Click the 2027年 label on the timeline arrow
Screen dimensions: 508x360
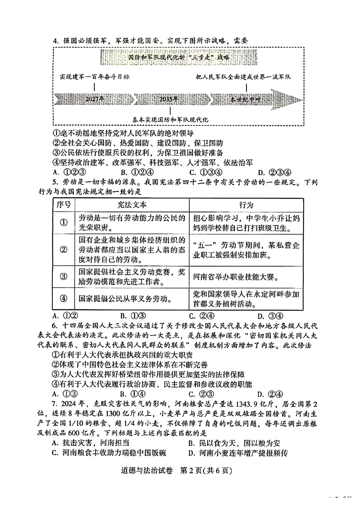click(x=95, y=99)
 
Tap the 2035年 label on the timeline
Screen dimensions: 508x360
click(x=169, y=99)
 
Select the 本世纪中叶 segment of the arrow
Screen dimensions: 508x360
click(x=245, y=99)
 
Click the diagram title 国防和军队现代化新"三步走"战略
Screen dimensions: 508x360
click(x=179, y=57)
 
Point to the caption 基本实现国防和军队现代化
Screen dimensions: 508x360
click(x=170, y=120)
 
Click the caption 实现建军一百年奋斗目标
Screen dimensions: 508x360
click(x=95, y=77)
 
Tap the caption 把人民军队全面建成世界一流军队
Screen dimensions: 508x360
click(x=243, y=77)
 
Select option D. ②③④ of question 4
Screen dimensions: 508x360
click(x=275, y=172)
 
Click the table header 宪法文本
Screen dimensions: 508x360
click(x=132, y=205)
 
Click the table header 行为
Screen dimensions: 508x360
click(x=246, y=205)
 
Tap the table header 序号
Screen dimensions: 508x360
click(x=64, y=205)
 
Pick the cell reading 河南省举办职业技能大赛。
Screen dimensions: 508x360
click(x=236, y=277)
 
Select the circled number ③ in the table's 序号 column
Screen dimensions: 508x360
click(x=63, y=277)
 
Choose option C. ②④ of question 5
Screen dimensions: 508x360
click(x=202, y=316)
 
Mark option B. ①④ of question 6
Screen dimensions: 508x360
click(x=133, y=394)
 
